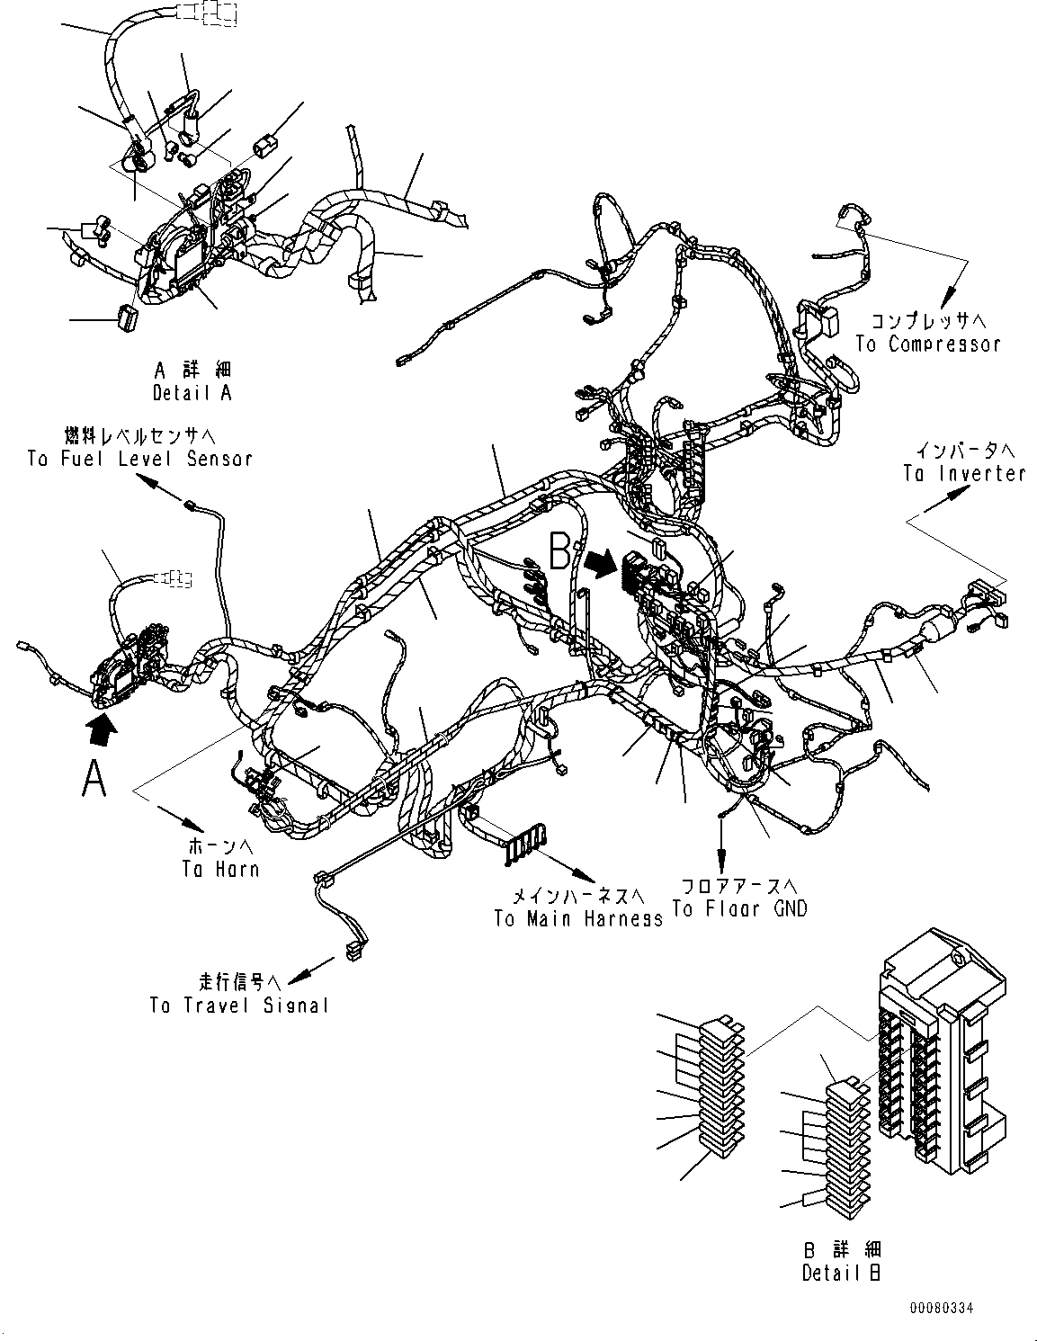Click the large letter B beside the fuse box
[559, 552]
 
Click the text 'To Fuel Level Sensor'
[139, 459]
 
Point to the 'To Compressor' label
[927, 344]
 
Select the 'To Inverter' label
[964, 473]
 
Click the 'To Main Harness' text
[577, 918]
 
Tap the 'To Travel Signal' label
[239, 1006]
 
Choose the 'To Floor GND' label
[740, 908]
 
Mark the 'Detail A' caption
[192, 393]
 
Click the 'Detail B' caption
[841, 1273]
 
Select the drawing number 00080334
[940, 1309]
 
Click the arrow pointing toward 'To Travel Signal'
[301, 971]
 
